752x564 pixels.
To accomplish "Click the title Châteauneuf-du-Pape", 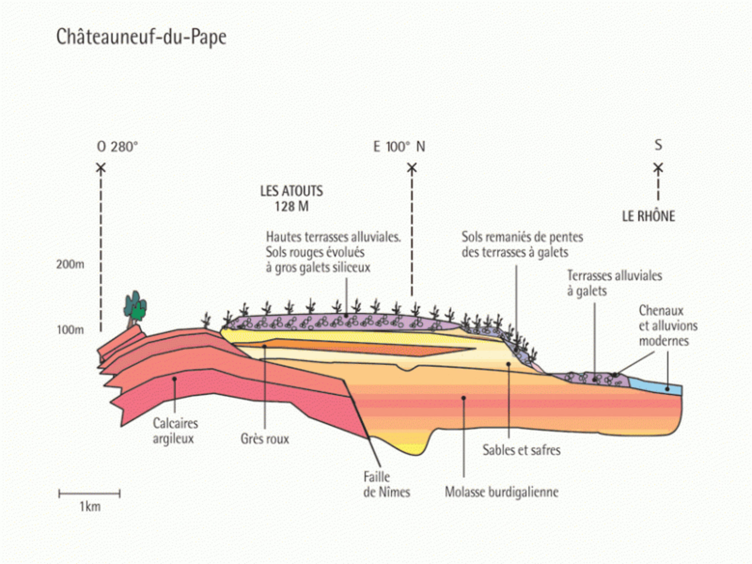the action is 141,37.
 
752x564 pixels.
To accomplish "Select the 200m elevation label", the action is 70,265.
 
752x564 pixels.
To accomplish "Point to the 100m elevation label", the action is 70,330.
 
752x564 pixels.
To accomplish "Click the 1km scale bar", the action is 89,493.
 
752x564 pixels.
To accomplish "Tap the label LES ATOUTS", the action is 291,191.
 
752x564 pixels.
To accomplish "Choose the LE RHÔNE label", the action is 649,216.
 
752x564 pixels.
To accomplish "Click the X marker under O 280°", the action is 101,168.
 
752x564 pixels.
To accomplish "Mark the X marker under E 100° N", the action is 412,168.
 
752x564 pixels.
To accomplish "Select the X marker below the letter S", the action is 658,168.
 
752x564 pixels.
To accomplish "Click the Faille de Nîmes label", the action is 386,485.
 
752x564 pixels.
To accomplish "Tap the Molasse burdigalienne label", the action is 501,492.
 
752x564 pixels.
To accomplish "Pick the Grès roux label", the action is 265,439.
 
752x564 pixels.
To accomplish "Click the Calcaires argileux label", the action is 175,431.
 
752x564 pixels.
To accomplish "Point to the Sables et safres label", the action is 521,450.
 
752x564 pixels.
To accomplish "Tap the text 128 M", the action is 291,206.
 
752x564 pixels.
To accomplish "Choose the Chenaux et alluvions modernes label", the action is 668,326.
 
